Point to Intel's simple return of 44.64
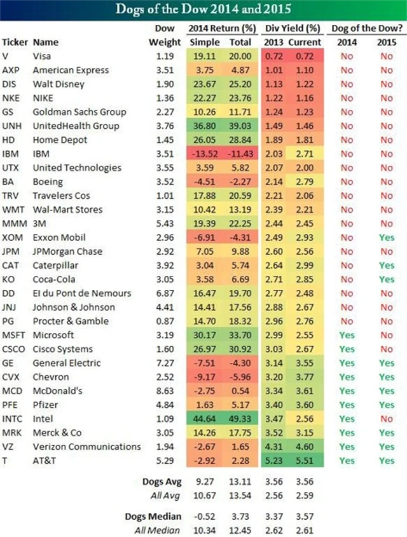coord(203,418)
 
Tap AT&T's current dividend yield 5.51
coord(302,460)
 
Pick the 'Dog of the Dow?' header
coord(366,29)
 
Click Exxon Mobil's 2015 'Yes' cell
coord(386,237)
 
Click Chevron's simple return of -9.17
coord(203,376)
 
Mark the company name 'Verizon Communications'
coord(86,446)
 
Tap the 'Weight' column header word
coord(165,42)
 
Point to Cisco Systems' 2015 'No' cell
coord(386,349)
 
